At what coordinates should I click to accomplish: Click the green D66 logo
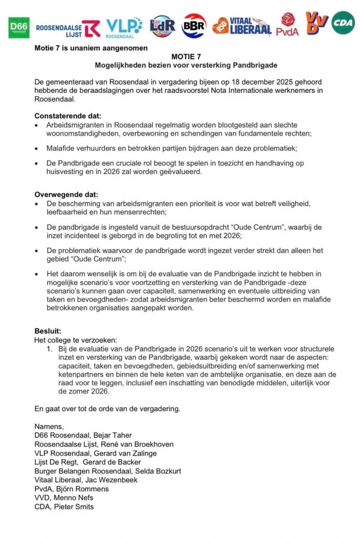click(x=19, y=27)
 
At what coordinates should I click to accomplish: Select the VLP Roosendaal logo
click(x=124, y=27)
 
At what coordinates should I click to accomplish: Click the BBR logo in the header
click(x=194, y=26)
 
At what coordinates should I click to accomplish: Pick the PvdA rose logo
click(x=288, y=24)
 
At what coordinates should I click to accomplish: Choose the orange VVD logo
click(x=316, y=23)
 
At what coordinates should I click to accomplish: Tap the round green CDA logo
click(x=343, y=23)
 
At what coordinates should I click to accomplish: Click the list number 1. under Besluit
click(x=49, y=349)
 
